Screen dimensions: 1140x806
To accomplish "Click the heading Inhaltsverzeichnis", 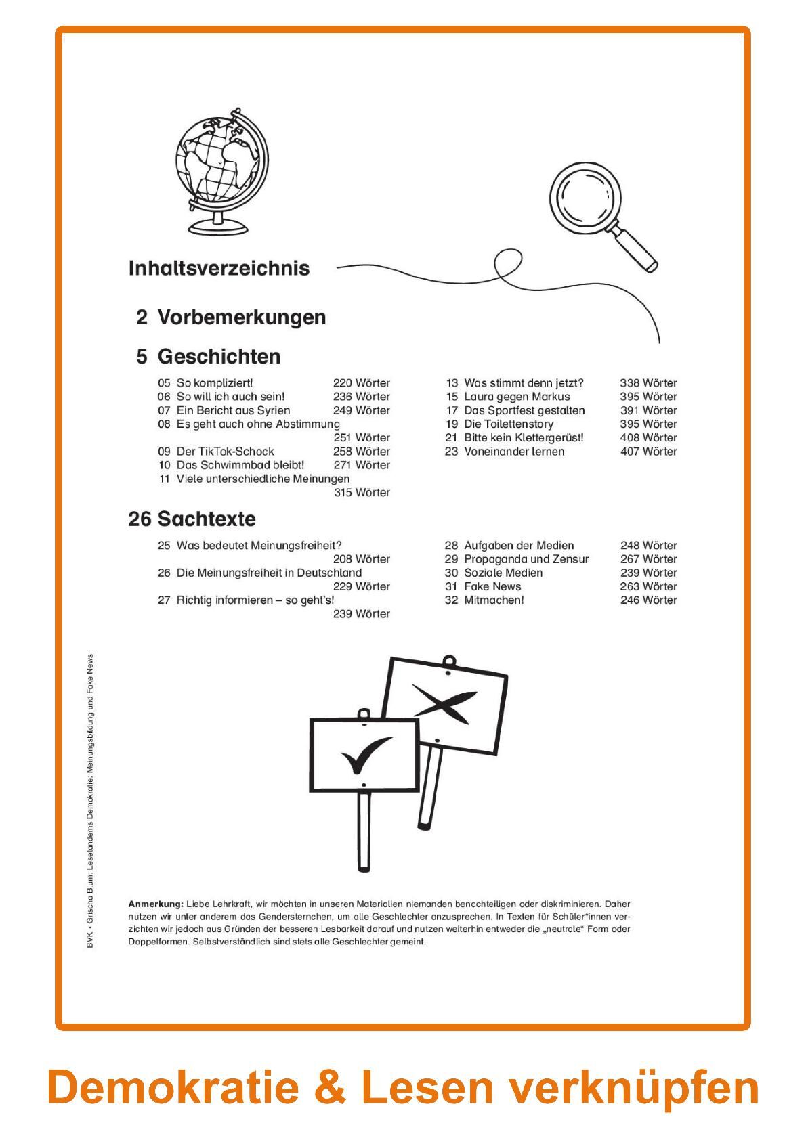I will pyautogui.click(x=219, y=268).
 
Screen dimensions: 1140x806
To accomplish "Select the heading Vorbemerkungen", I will pyautogui.click(x=241, y=317).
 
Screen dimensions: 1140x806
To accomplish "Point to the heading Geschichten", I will pyautogui.click(x=219, y=357).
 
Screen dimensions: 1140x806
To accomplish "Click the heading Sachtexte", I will pyautogui.click(x=207, y=519).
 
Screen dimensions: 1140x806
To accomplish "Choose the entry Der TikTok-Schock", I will pyautogui.click(x=225, y=452).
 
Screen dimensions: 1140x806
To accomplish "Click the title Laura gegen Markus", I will pyautogui.click(x=517, y=397).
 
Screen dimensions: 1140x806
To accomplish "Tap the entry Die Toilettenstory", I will pyautogui.click(x=509, y=424).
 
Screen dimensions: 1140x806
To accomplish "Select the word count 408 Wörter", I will pyautogui.click(x=648, y=438).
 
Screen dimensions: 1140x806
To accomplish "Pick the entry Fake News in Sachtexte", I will pyautogui.click(x=492, y=586).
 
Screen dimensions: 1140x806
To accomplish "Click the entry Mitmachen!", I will pyautogui.click(x=494, y=600).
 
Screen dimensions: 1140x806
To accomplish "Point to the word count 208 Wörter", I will pyautogui.click(x=361, y=559).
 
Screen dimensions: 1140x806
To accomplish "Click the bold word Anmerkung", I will pyautogui.click(x=155, y=904).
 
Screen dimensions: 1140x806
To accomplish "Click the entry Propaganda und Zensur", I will pyautogui.click(x=526, y=559).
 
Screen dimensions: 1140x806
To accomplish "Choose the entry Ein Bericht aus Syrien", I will pyautogui.click(x=233, y=410).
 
